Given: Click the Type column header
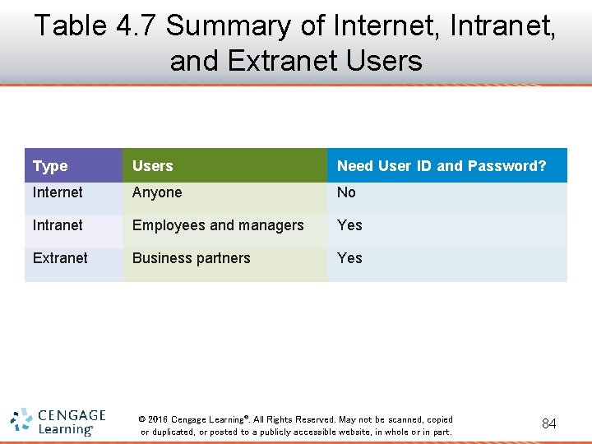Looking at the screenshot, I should [x=50, y=166].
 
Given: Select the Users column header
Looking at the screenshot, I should [x=153, y=166].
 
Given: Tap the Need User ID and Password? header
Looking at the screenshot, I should [x=442, y=166].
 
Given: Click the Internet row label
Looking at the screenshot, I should [x=58, y=192].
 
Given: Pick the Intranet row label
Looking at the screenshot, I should [x=58, y=225].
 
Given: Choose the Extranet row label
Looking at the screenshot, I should [x=60, y=258].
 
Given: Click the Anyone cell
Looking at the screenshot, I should [x=157, y=192].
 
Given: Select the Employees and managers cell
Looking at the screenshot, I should [x=218, y=225].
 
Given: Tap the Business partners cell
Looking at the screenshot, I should [x=191, y=258].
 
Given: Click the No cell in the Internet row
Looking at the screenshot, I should [x=346, y=192].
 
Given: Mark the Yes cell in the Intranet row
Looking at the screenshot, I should [x=349, y=225].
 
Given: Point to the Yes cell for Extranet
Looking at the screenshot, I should [x=349, y=258].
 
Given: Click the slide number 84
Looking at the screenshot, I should [x=548, y=423].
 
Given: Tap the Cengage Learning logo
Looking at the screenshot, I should [x=58, y=422].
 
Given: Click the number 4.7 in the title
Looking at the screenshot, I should [x=136, y=25].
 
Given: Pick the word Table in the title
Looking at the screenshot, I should [x=71, y=25].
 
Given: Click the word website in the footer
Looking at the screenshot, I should [x=351, y=432].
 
